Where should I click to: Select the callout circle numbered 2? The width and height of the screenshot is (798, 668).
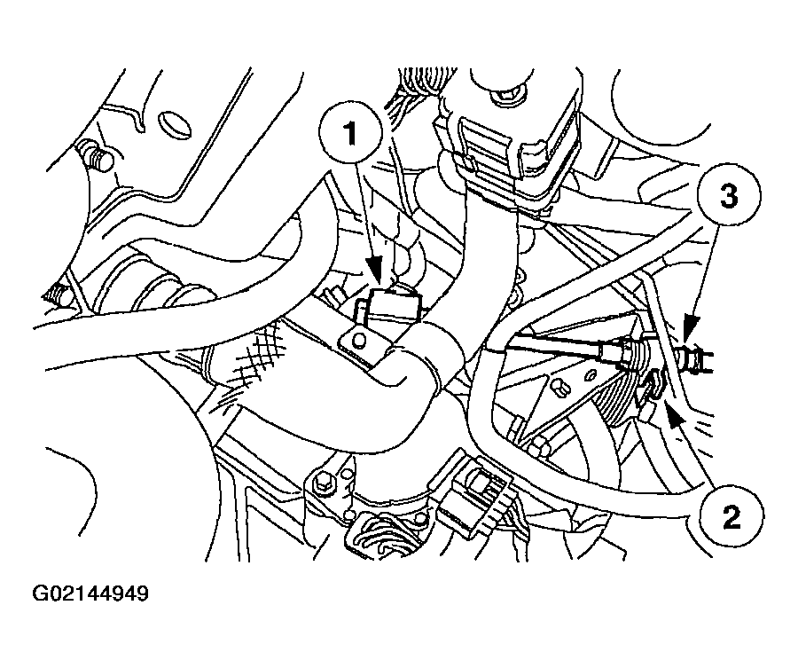click(731, 517)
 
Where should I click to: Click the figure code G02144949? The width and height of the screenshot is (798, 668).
click(90, 593)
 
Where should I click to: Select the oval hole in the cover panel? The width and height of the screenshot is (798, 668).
click(172, 122)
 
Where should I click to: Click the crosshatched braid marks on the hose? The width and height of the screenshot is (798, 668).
click(257, 357)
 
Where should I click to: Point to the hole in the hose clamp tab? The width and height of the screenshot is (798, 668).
click(359, 340)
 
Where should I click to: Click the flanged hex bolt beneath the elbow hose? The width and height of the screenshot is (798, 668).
click(323, 483)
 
